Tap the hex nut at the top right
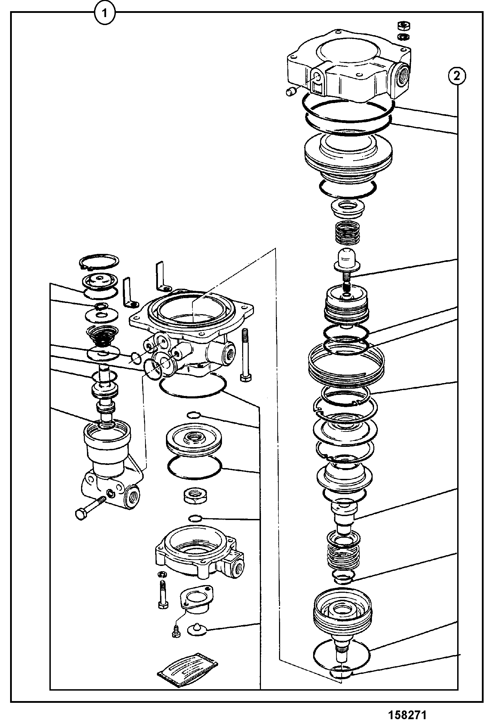pyautogui.click(x=404, y=25)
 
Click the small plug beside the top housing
pyautogui.click(x=290, y=92)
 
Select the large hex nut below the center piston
pyautogui.click(x=195, y=496)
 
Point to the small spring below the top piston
pyautogui.click(x=346, y=234)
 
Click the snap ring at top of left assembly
pyautogui.click(x=99, y=262)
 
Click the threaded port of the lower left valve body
pyautogui.click(x=133, y=497)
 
